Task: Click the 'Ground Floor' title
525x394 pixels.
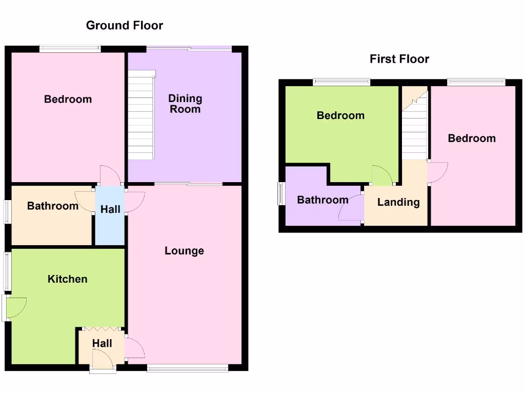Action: coord(125,25)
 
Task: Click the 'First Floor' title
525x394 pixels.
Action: coord(399,59)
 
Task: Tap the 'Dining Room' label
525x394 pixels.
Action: coord(185,104)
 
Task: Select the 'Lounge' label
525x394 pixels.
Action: coord(184,251)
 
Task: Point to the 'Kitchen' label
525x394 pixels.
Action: coord(67,279)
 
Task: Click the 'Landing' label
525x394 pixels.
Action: coord(398,202)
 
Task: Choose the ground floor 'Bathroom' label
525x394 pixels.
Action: coord(53,206)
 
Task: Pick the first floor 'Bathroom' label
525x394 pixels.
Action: coord(322,200)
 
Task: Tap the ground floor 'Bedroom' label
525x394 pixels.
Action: coord(68,100)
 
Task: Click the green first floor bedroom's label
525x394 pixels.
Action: coord(340,115)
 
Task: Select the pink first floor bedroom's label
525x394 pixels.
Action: coord(472,139)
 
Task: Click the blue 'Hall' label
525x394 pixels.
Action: coord(110,209)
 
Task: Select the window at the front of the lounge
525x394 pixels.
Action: coord(187,367)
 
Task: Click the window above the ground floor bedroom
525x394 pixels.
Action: coord(70,49)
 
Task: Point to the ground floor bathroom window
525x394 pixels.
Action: coord(7,211)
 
